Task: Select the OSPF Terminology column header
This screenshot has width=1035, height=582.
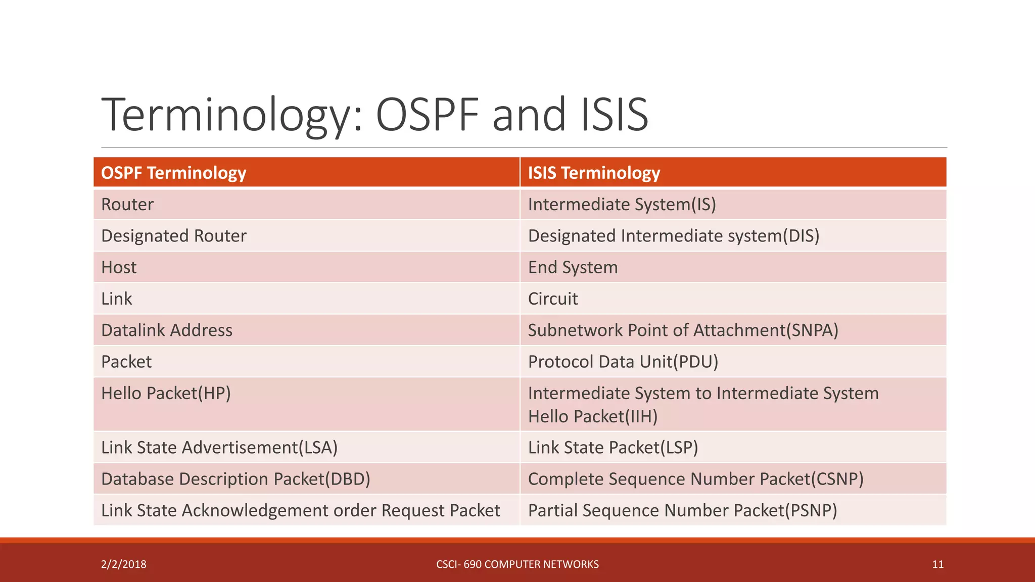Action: click(x=173, y=173)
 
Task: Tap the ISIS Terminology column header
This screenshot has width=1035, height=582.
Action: click(x=594, y=173)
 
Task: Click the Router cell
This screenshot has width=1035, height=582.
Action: click(x=127, y=205)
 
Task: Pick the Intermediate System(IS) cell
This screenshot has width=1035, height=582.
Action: click(x=622, y=205)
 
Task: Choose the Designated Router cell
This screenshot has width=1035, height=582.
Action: click(x=174, y=236)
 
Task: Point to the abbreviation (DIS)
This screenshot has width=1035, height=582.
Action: click(x=801, y=236)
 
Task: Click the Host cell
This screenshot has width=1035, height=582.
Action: click(x=119, y=267)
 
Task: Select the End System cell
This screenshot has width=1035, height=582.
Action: click(x=573, y=267)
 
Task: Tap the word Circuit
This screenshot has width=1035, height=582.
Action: click(x=553, y=299)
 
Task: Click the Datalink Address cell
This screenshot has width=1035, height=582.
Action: click(x=167, y=330)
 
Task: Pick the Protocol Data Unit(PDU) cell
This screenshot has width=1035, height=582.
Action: click(x=623, y=362)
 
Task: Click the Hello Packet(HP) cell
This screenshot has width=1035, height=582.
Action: click(x=166, y=393)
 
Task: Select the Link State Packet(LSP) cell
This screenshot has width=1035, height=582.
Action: click(x=613, y=448)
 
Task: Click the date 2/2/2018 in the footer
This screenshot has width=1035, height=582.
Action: click(x=124, y=564)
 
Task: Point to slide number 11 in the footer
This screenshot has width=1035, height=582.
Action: click(x=937, y=564)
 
